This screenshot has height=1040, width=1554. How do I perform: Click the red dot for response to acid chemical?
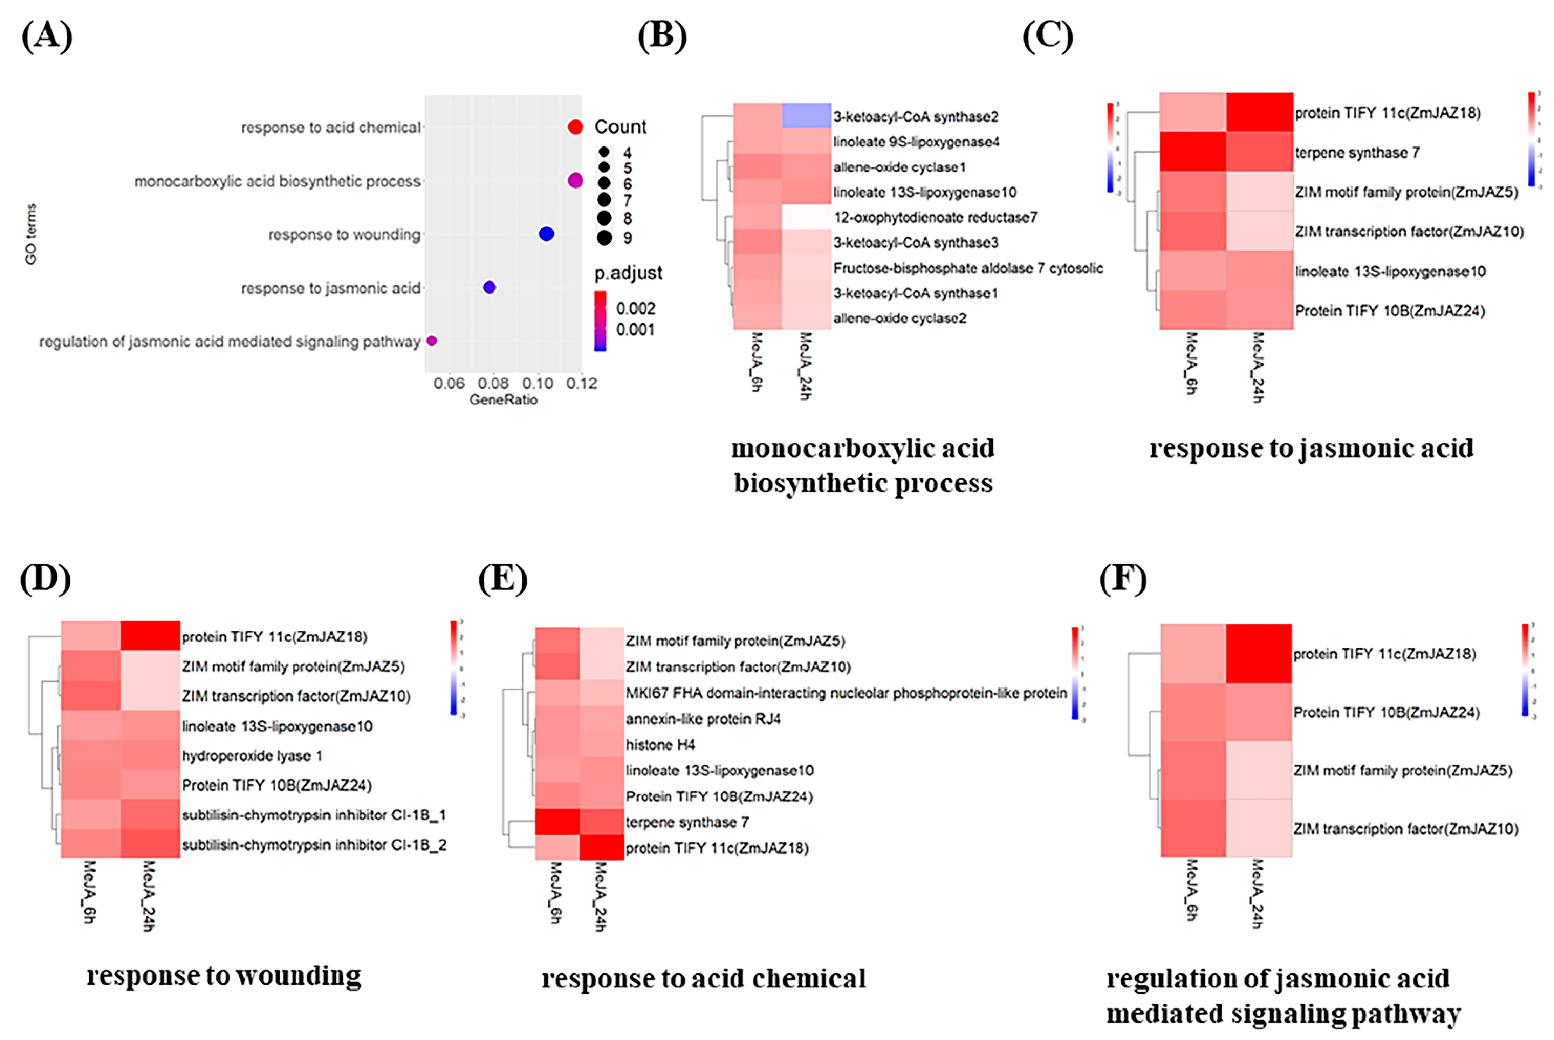575,127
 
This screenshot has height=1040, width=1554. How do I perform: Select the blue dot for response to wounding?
546,233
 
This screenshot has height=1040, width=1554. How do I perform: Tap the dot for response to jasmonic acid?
490,287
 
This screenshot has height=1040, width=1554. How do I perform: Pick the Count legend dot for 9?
604,238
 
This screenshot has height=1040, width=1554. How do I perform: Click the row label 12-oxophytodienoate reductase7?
935,218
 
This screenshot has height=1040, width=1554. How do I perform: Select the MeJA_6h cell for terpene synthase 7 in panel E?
557,822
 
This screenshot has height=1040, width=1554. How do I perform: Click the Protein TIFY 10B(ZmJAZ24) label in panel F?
1386,712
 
